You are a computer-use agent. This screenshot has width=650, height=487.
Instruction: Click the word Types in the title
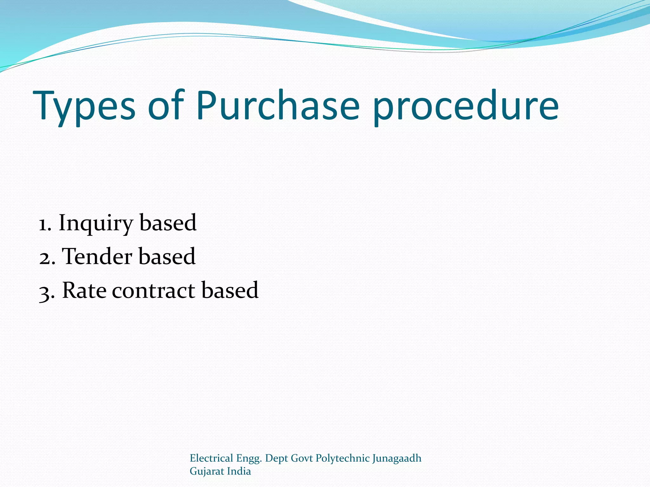click(x=84, y=106)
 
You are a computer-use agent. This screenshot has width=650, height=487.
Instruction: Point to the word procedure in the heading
click(x=465, y=106)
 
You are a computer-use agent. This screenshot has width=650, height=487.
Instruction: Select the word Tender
click(x=97, y=257)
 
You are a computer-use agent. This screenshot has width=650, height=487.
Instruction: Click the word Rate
click(x=84, y=290)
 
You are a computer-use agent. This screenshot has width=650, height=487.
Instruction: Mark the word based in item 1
click(x=168, y=223)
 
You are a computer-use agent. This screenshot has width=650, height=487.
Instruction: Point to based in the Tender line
click(x=167, y=257)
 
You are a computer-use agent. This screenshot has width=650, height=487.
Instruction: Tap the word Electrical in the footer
click(x=211, y=458)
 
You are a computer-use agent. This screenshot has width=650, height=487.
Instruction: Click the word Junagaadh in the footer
click(x=397, y=458)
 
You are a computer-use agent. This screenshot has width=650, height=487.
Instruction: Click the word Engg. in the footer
click(x=249, y=459)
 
